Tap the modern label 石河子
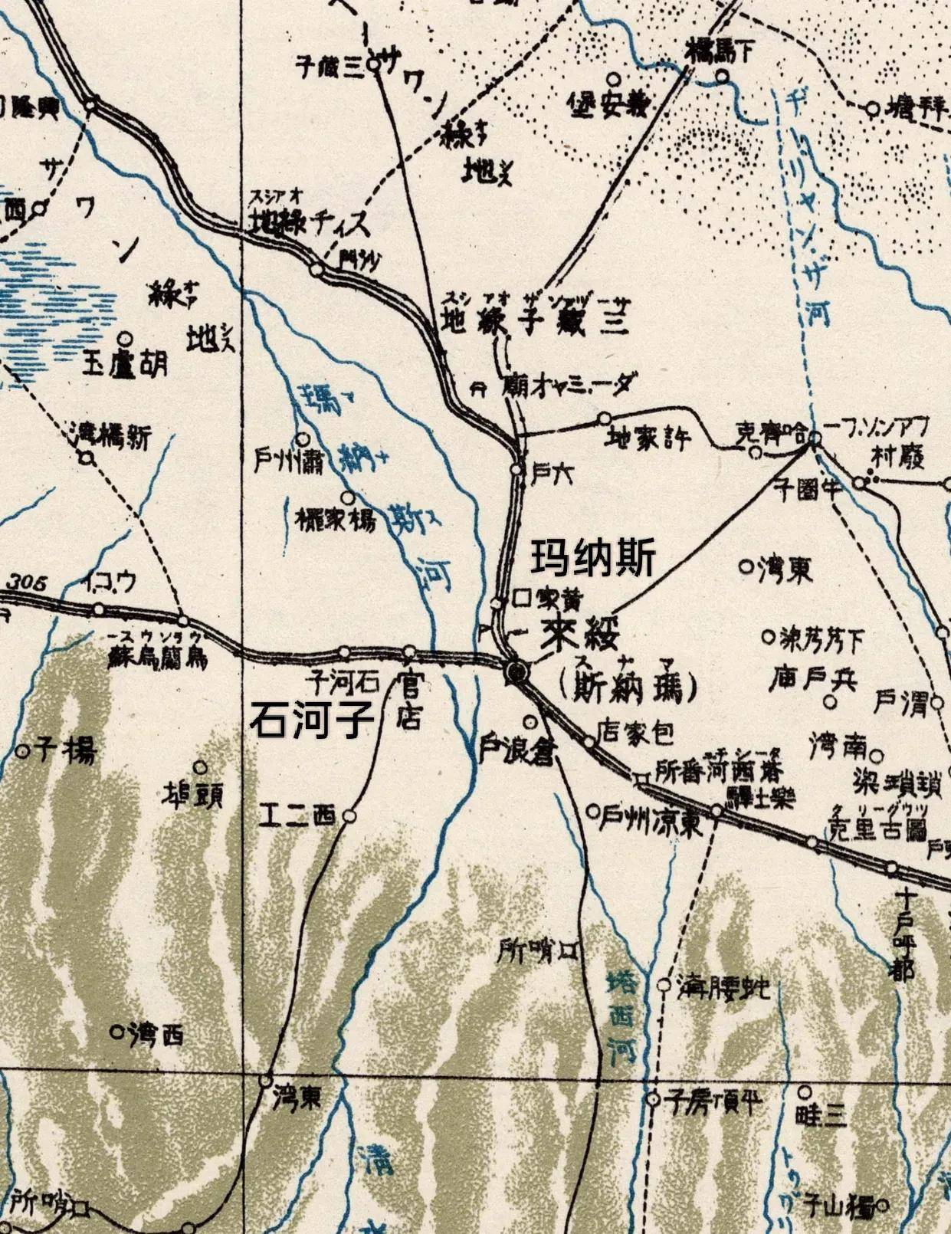pos(312,720)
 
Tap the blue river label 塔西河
pos(621,1016)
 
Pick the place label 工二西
pos(297,816)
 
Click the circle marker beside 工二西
pos(349,816)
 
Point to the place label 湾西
pos(156,1035)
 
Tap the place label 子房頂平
pos(713,1102)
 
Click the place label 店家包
pos(636,732)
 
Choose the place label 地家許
pos(648,439)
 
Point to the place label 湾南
pos(838,743)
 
